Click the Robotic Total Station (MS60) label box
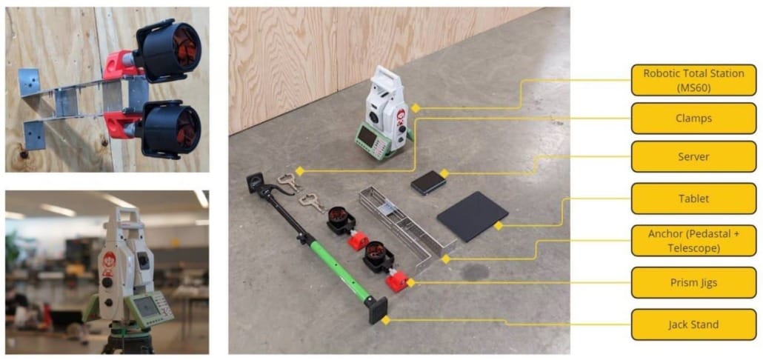[693, 80]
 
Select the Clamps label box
[693, 119]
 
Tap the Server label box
[693, 156]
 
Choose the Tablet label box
[693, 199]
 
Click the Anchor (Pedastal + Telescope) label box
[693, 240]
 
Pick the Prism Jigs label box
[693, 283]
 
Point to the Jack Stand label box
[693, 324]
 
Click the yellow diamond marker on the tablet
[498, 226]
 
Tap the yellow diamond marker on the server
[444, 173]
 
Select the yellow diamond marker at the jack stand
[386, 320]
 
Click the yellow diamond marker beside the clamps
[300, 171]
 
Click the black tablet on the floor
[473, 216]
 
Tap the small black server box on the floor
[427, 182]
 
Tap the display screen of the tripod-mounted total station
[145, 307]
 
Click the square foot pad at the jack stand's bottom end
[378, 310]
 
